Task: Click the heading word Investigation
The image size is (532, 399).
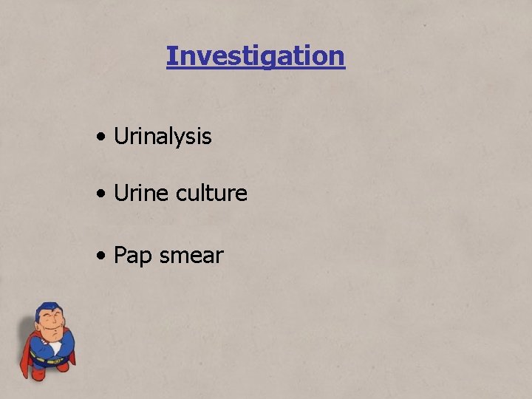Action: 255,56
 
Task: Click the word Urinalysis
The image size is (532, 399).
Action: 163,137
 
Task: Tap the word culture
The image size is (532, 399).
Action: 212,194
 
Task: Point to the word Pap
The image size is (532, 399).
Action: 132,256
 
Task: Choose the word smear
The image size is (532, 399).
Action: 191,256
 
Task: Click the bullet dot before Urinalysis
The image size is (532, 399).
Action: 100,137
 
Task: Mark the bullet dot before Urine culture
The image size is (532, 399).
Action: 100,194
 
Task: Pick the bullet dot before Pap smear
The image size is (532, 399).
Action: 100,256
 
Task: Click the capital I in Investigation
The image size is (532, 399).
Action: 171,56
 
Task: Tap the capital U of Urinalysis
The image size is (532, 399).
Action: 120,137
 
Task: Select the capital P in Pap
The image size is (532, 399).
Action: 120,256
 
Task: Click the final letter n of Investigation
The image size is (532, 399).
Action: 338,56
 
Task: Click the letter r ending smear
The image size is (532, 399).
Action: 219,256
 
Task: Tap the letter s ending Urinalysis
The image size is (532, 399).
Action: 207,137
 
